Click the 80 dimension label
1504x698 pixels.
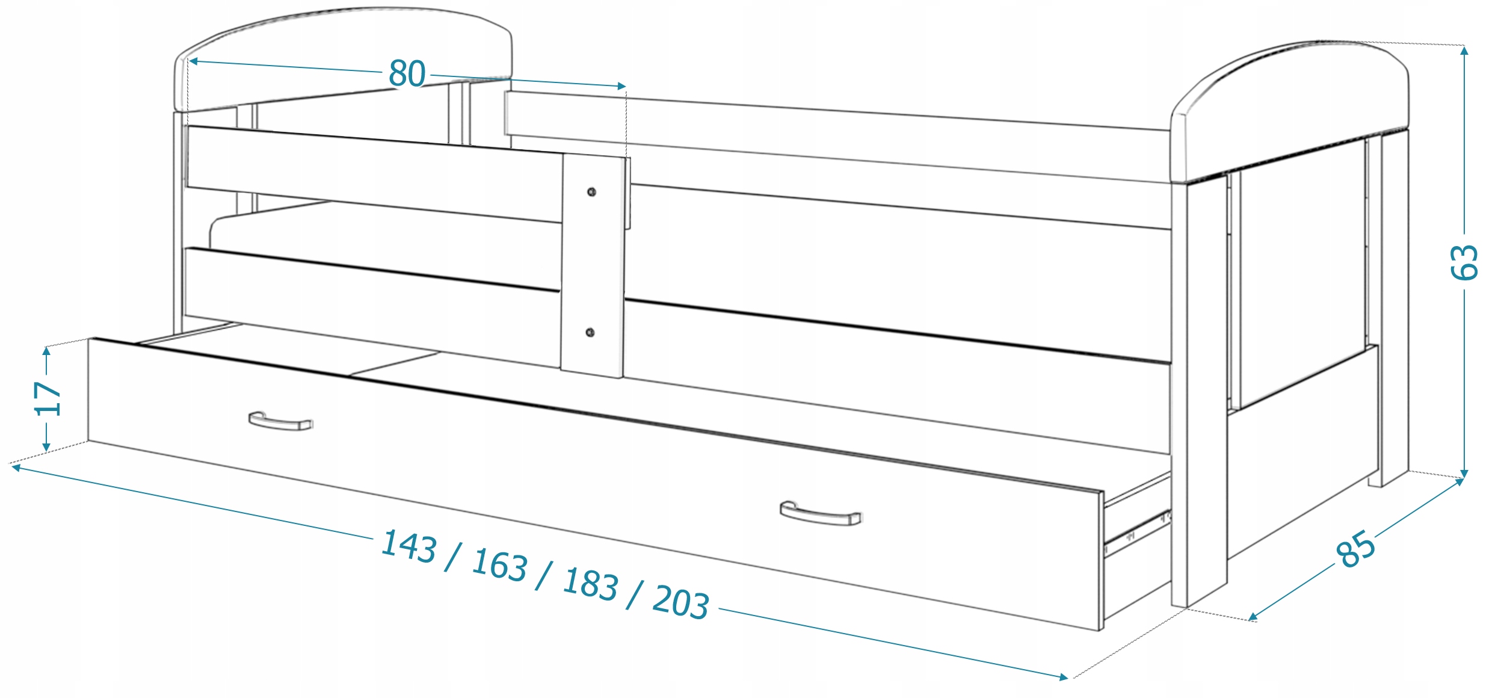(407, 73)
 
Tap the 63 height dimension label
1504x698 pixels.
(1464, 262)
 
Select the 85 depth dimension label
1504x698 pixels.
(1355, 549)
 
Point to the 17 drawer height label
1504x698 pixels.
(48, 398)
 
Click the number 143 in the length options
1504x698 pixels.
(408, 546)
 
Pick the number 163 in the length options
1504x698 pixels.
(499, 565)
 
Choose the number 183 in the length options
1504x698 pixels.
(590, 583)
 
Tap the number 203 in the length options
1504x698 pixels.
(680, 601)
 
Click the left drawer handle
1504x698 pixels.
(280, 421)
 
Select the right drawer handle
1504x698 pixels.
(820, 513)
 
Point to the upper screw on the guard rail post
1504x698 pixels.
(591, 192)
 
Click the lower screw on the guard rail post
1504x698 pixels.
(590, 332)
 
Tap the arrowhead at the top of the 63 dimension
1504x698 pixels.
(1464, 51)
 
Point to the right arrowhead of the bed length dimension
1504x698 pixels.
(1063, 677)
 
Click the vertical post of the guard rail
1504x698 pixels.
(593, 265)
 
